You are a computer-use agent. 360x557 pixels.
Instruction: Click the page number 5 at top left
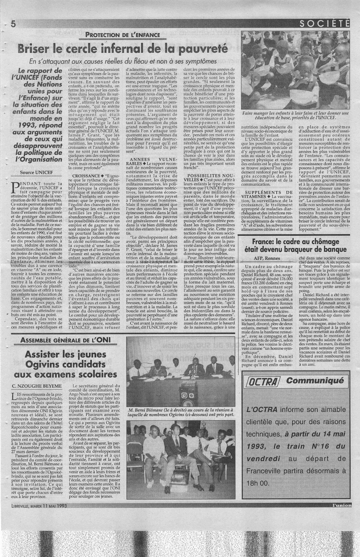click(x=14, y=24)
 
